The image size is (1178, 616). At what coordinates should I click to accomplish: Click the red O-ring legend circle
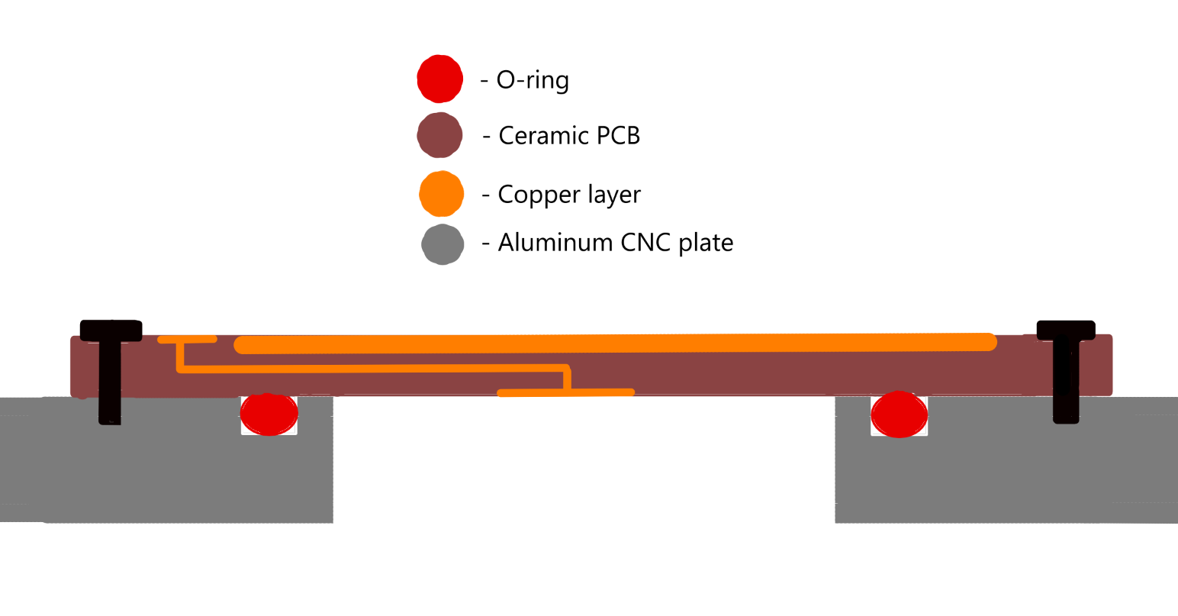pyautogui.click(x=439, y=79)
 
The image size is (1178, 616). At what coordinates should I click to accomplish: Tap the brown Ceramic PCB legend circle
pyautogui.click(x=439, y=135)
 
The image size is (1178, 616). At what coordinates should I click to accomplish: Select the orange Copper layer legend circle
pyautogui.click(x=441, y=193)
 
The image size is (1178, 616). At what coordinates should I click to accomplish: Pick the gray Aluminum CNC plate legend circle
pyautogui.click(x=443, y=244)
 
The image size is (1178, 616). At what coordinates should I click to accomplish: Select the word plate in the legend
pyautogui.click(x=706, y=243)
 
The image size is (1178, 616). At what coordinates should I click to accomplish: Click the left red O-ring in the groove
pyautogui.click(x=269, y=414)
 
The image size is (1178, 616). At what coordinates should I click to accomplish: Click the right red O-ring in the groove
pyautogui.click(x=900, y=414)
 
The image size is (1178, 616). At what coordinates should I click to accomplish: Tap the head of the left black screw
pyautogui.click(x=111, y=331)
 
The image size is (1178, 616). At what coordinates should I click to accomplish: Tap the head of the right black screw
pyautogui.click(x=1066, y=331)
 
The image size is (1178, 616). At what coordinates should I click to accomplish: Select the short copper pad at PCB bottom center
pyautogui.click(x=565, y=393)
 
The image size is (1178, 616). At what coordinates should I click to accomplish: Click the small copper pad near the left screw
pyautogui.click(x=188, y=339)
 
